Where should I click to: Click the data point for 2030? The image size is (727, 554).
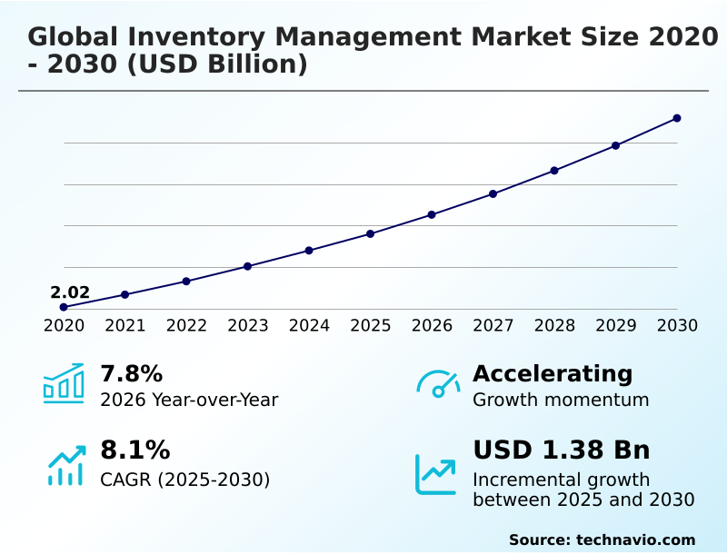(677, 118)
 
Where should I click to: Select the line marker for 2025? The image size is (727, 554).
(370, 233)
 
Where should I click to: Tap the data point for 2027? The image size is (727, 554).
(493, 193)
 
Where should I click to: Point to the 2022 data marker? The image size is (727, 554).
(186, 281)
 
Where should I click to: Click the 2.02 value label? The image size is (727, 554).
(70, 292)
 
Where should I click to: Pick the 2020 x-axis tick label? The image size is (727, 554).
(64, 325)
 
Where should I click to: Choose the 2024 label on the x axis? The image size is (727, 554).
(309, 325)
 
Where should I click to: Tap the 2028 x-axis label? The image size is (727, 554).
(554, 325)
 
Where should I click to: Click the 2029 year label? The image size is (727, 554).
(615, 325)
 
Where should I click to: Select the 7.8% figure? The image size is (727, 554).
(131, 373)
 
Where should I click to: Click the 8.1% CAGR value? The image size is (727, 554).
(134, 450)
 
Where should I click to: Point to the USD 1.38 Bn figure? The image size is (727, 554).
(562, 450)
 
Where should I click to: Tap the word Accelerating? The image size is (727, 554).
(553, 373)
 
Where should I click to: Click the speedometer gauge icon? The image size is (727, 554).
(438, 383)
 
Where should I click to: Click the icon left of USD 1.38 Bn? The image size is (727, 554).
(436, 474)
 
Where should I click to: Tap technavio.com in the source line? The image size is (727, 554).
(635, 539)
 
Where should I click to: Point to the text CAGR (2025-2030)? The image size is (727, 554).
(185, 480)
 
